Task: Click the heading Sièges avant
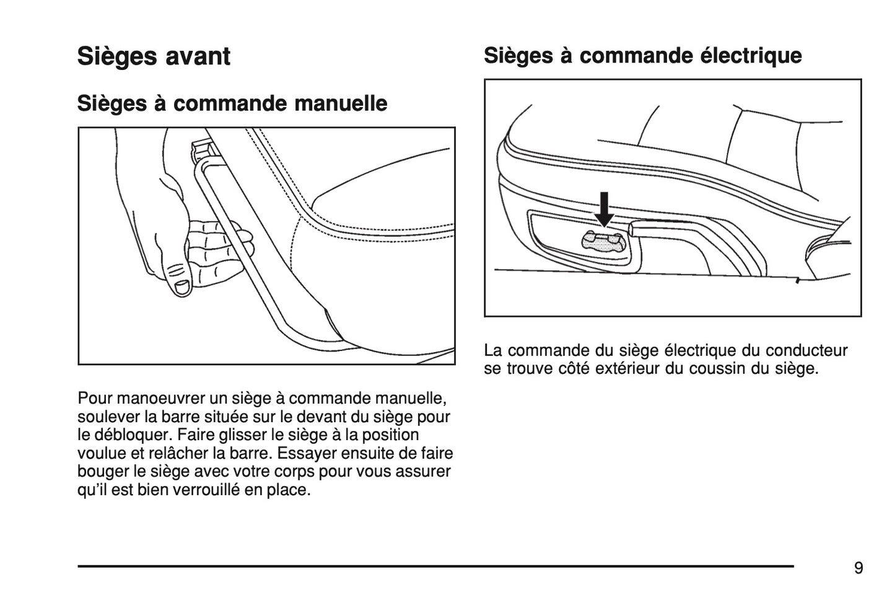pyautogui.click(x=154, y=56)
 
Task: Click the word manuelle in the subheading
pyautogui.click(x=341, y=103)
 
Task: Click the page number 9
pyautogui.click(x=858, y=568)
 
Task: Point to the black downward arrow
pyautogui.click(x=604, y=209)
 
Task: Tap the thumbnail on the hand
pyautogui.click(x=182, y=287)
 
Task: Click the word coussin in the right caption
pyautogui.click(x=712, y=369)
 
